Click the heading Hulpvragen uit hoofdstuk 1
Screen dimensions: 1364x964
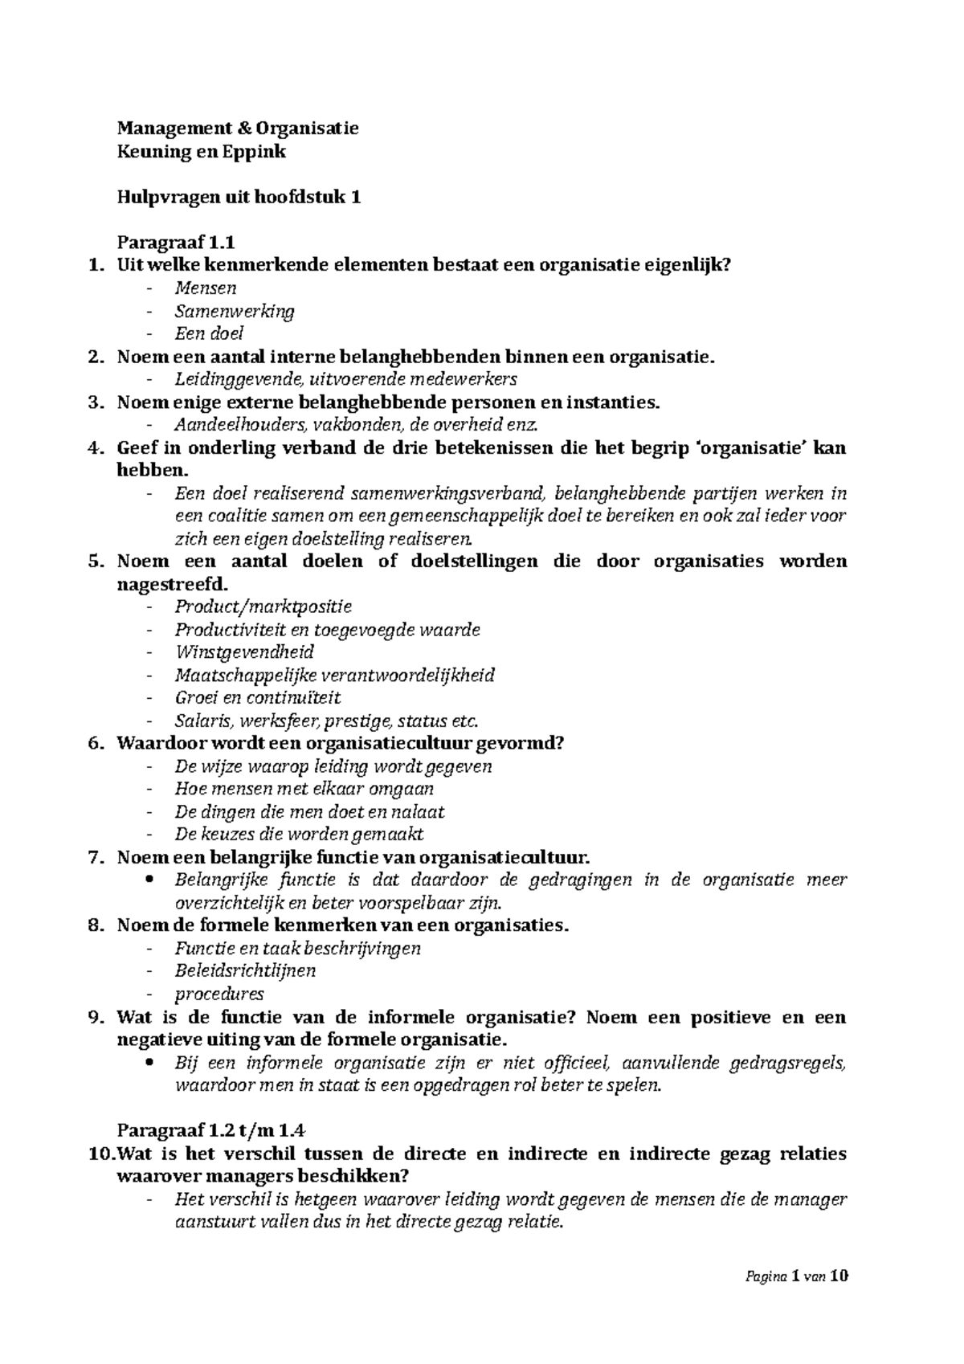tap(239, 197)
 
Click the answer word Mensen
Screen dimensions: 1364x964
tap(206, 288)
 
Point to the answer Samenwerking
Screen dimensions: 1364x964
tap(235, 311)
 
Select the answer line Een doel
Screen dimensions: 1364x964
tap(209, 333)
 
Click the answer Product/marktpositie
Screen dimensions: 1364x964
tap(263, 606)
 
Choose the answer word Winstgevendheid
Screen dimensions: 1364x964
tap(244, 652)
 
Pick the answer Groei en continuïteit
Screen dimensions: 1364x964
tap(258, 697)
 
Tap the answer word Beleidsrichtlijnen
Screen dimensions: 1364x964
tap(245, 970)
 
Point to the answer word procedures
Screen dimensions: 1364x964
tap(219, 994)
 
